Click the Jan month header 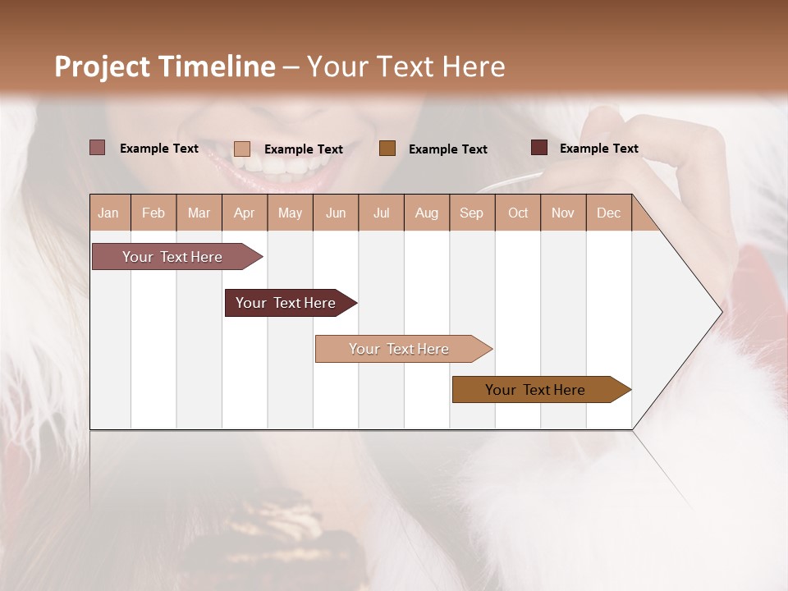[108, 213]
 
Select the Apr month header [244, 213]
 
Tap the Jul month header [381, 213]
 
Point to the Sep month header [471, 213]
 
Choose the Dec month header [608, 213]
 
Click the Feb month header [153, 213]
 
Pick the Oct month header [518, 213]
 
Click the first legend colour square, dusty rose [97, 148]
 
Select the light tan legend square [241, 149]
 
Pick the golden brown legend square [387, 148]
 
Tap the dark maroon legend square [538, 148]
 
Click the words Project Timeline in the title [164, 66]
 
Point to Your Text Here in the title [405, 66]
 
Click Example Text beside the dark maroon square [598, 148]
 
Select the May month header [290, 213]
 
